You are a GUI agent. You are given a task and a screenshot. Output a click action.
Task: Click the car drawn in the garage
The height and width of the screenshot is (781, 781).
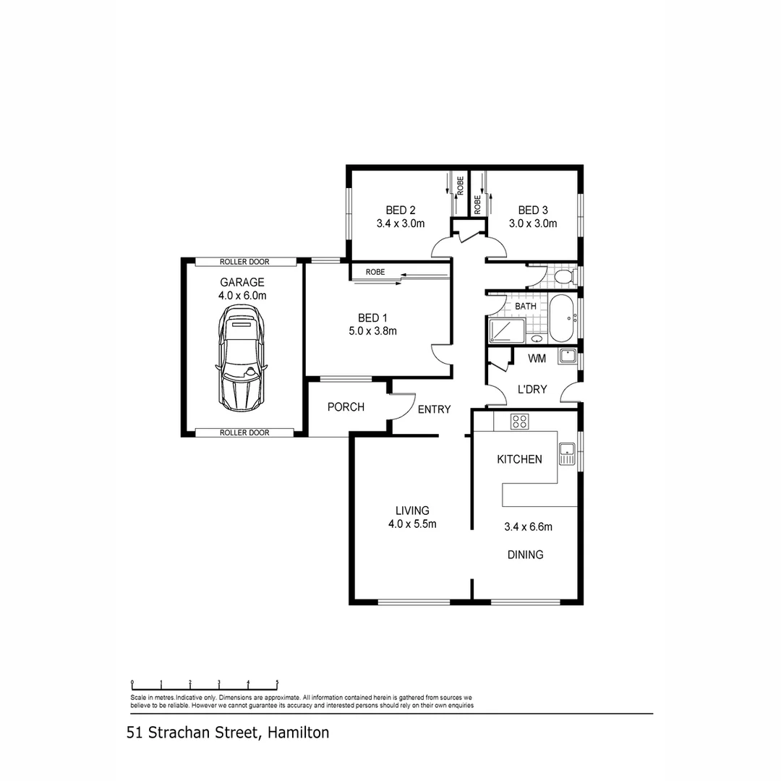pyautogui.click(x=241, y=358)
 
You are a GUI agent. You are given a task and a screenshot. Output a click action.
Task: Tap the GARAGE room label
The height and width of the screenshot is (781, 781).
pyautogui.click(x=242, y=282)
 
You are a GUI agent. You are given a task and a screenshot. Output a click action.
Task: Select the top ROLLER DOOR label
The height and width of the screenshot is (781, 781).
pyautogui.click(x=245, y=261)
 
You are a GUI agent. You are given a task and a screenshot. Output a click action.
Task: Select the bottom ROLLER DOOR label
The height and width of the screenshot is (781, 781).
pyautogui.click(x=244, y=432)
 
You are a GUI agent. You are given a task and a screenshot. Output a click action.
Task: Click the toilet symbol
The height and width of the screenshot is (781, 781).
pyautogui.click(x=566, y=276)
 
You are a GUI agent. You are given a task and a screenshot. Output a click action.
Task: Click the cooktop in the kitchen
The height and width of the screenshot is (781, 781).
pyautogui.click(x=519, y=421)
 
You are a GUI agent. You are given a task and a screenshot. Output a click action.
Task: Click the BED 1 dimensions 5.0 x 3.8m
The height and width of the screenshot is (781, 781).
pyautogui.click(x=373, y=331)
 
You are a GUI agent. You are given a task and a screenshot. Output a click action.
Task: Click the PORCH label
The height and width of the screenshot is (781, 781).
pyautogui.click(x=346, y=407)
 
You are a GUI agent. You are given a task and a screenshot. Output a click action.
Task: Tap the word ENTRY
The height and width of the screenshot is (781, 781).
pyautogui.click(x=434, y=409)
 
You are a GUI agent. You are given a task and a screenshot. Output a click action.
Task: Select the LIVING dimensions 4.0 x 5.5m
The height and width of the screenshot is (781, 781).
pyautogui.click(x=411, y=524)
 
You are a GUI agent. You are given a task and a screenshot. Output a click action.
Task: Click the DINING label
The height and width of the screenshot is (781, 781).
pyautogui.click(x=525, y=555)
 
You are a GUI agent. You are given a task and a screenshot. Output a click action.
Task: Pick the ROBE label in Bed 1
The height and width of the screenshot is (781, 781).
pyautogui.click(x=375, y=272)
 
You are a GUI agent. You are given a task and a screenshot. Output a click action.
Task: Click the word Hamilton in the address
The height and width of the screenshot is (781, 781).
pyautogui.click(x=298, y=733)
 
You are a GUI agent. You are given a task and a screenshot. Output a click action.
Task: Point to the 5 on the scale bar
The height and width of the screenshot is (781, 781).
pyautogui.click(x=277, y=682)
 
